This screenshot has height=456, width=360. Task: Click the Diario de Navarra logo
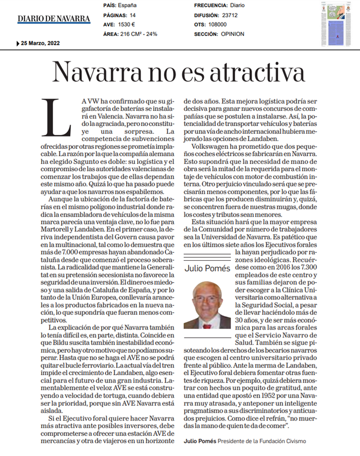(x=53, y=19)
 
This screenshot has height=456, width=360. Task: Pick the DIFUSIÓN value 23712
(x=230, y=15)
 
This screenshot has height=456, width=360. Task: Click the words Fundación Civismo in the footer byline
(x=283, y=441)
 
